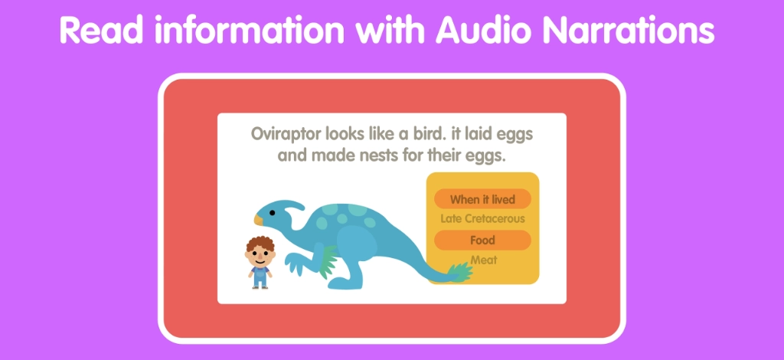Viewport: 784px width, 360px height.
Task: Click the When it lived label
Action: click(482, 199)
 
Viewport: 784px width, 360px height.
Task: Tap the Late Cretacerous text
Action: click(482, 219)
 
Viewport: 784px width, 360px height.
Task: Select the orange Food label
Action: click(482, 241)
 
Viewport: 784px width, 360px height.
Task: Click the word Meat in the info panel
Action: click(483, 260)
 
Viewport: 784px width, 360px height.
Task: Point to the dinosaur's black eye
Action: click(273, 212)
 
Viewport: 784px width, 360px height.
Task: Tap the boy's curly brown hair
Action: click(260, 244)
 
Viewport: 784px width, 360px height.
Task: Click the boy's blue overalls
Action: click(260, 275)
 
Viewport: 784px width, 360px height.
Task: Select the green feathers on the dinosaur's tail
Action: click(459, 271)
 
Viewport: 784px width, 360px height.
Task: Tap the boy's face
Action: click(260, 257)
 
